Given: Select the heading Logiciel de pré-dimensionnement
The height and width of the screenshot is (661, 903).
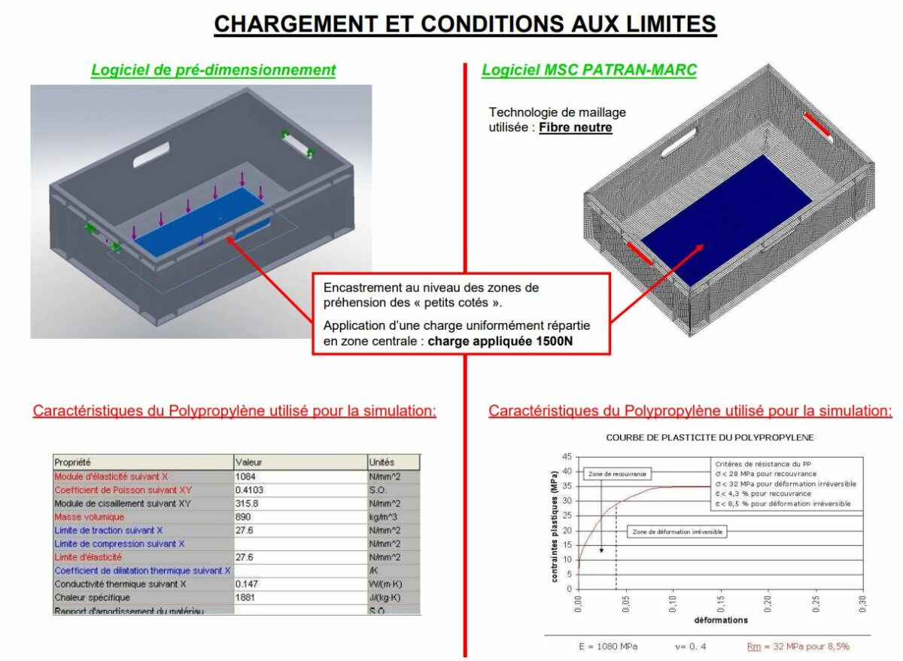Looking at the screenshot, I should (213, 70).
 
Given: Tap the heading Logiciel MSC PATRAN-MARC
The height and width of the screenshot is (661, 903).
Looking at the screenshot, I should (588, 70).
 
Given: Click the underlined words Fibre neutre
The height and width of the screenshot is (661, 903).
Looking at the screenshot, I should (575, 128).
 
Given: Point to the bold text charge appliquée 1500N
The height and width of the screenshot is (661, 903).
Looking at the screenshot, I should (506, 339).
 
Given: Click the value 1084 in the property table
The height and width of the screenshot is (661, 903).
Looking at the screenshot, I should (247, 477).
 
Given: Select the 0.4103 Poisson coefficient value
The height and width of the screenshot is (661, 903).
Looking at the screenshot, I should (251, 490).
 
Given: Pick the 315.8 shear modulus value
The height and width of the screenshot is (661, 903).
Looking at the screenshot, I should (248, 503).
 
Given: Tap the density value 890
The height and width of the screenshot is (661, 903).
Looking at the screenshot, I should (243, 516).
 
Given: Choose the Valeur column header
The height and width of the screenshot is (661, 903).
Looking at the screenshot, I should (248, 462).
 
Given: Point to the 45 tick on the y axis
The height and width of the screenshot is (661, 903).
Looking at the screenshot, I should (566, 456).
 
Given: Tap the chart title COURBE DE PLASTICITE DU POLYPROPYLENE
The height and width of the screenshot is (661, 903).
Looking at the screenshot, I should (710, 437).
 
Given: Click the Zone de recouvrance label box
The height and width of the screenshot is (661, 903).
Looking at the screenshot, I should (617, 474).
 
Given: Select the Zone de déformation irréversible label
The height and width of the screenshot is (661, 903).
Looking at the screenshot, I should (677, 532).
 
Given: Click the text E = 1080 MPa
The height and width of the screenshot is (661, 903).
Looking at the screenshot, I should (598, 647).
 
